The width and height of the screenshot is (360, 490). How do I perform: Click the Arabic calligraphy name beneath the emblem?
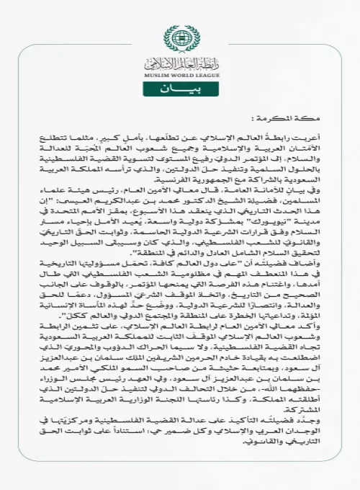[x=180, y=63]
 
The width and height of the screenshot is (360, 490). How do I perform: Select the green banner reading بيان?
[x=180, y=92]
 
